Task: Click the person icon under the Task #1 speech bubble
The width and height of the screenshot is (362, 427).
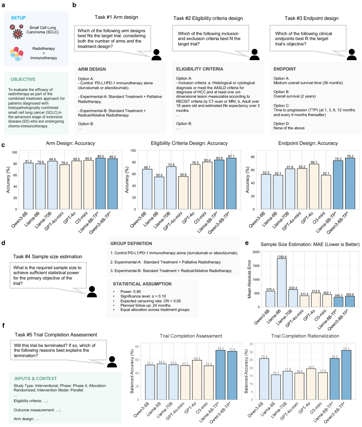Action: point(156,55)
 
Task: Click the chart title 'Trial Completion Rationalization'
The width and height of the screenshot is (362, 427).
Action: point(298,335)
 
